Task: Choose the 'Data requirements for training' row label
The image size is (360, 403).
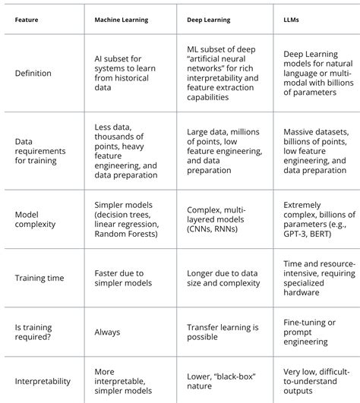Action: (x=41, y=151)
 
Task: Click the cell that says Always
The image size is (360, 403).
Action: (x=107, y=332)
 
